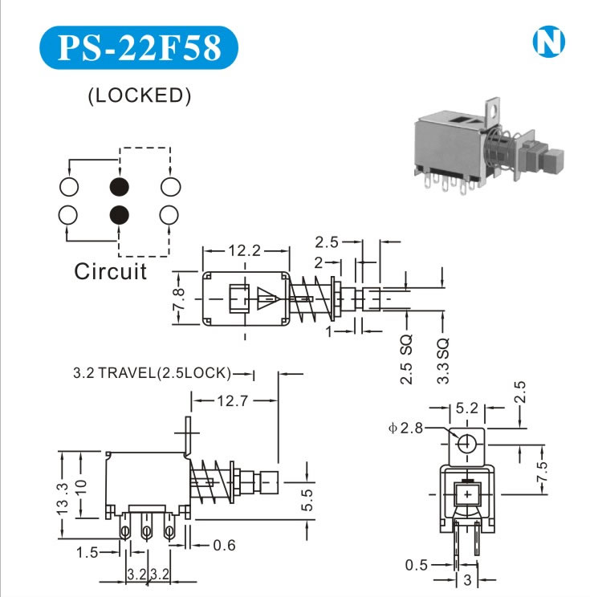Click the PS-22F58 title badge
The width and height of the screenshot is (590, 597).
[x=138, y=47]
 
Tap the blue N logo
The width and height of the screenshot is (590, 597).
[x=549, y=43]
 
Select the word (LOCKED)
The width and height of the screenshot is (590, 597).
[x=139, y=95]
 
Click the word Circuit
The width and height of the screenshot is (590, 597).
[x=111, y=271]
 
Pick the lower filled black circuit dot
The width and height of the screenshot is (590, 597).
[x=120, y=214]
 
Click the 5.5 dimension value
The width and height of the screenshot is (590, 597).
[x=308, y=500]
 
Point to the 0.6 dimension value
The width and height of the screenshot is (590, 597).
[x=225, y=546]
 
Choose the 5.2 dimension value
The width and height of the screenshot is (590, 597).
[x=466, y=408]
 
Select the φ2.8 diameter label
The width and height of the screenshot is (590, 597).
[x=405, y=428]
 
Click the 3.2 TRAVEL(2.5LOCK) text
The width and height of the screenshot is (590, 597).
[x=152, y=373]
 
